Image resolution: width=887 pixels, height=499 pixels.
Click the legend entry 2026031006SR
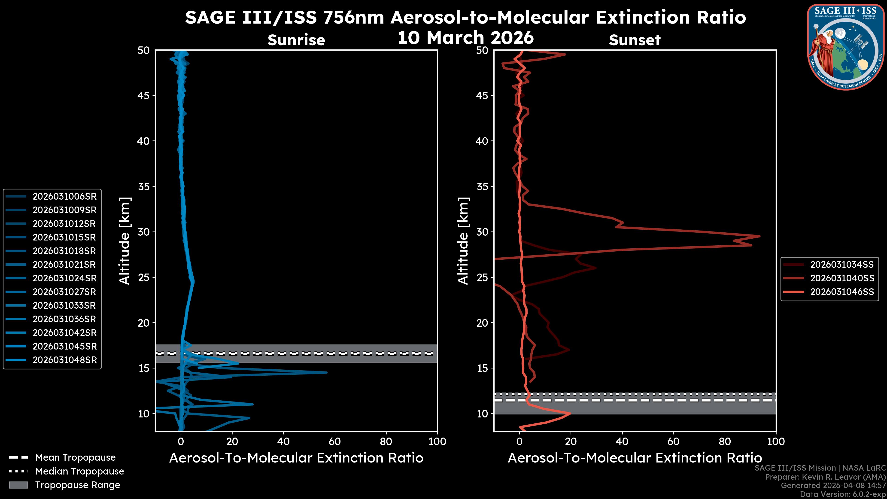(x=64, y=196)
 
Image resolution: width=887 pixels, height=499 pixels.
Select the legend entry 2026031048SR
(x=64, y=360)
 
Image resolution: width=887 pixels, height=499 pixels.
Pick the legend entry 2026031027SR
(x=64, y=292)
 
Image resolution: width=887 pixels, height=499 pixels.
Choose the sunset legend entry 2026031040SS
(x=842, y=278)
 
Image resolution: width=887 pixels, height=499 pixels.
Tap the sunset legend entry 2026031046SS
(x=842, y=292)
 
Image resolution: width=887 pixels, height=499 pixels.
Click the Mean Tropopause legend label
(x=75, y=457)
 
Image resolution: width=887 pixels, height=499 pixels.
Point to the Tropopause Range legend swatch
(x=18, y=485)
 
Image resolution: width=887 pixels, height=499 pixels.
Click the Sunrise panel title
(x=296, y=40)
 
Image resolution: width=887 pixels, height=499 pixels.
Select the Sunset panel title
(x=635, y=40)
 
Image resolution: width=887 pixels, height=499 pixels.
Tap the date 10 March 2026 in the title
(x=465, y=37)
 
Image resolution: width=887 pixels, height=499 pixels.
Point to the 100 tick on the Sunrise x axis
(x=437, y=441)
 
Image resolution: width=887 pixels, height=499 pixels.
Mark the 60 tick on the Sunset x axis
(x=673, y=441)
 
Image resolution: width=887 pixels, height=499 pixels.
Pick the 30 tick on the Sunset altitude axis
(x=482, y=232)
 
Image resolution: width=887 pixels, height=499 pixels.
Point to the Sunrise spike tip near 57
(x=327, y=372)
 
